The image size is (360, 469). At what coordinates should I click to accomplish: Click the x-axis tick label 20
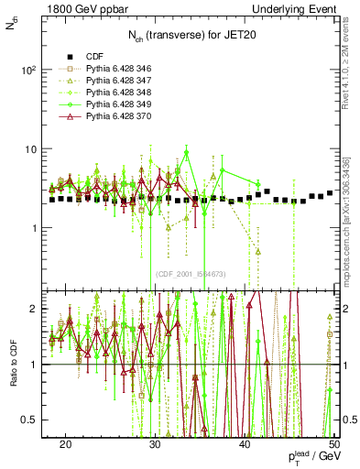[65, 442]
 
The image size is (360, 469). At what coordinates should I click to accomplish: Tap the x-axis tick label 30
[155, 442]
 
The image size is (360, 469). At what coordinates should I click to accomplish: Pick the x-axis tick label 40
[245, 442]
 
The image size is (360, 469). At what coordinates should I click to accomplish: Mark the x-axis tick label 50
[333, 442]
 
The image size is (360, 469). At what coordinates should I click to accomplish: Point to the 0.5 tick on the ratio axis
[37, 420]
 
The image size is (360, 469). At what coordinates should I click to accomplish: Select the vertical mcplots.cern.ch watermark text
[350, 238]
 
